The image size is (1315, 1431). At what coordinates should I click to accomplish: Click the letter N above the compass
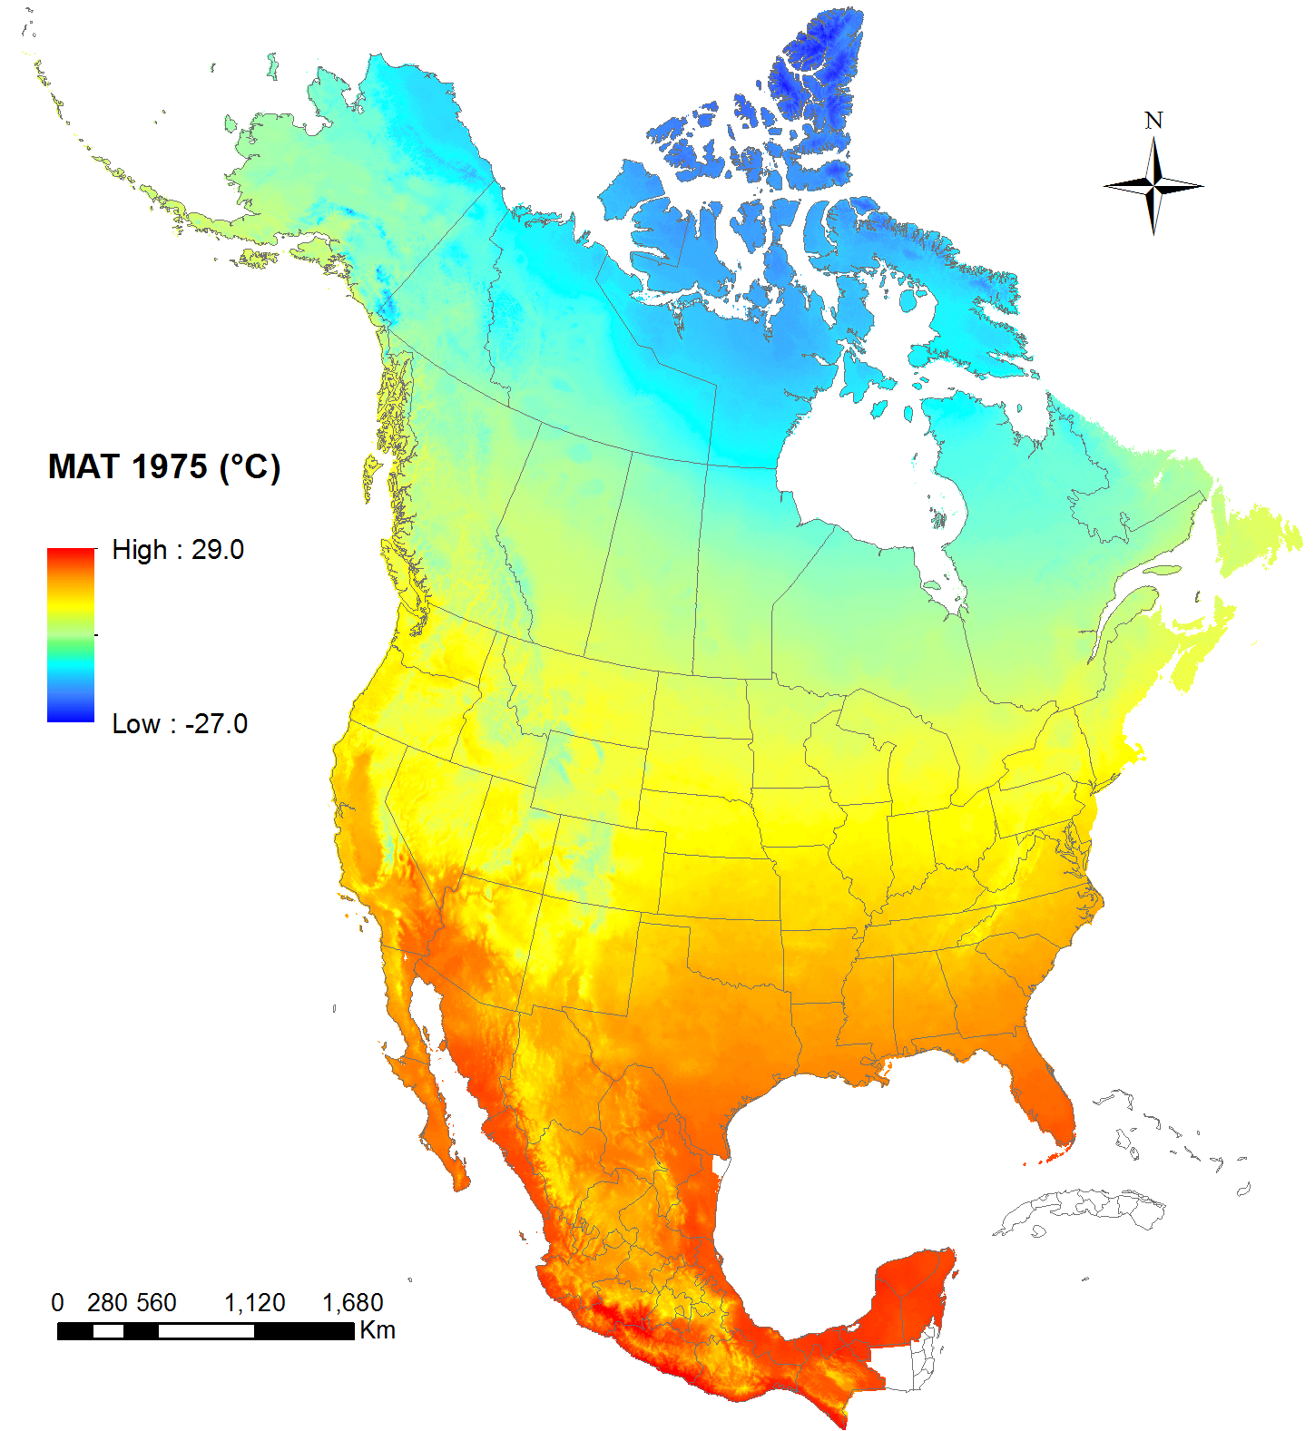coord(1153,121)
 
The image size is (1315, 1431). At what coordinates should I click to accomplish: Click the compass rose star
coord(1153,186)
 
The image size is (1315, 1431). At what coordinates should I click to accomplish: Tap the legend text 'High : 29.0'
coord(178,550)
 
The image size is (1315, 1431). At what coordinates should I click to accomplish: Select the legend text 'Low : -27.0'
coord(180,724)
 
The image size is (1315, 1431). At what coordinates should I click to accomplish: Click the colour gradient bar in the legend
coord(71,635)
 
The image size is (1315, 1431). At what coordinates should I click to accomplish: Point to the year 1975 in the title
coord(170,467)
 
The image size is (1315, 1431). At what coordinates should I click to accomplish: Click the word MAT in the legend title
coord(83,467)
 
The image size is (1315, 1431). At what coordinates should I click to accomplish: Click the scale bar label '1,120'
coord(255,1303)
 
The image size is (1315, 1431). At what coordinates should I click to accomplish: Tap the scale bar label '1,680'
coord(353,1303)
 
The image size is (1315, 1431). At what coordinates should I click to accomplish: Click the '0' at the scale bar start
coord(58,1303)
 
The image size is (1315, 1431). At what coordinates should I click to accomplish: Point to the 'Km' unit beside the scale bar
coord(378,1330)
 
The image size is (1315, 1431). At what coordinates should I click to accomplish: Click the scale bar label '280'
coord(107,1303)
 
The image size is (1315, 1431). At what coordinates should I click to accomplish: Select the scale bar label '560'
coord(157,1303)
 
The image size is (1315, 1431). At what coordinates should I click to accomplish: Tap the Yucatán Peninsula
coord(912,1298)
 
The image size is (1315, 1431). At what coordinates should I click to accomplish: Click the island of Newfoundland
coord(1257,535)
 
